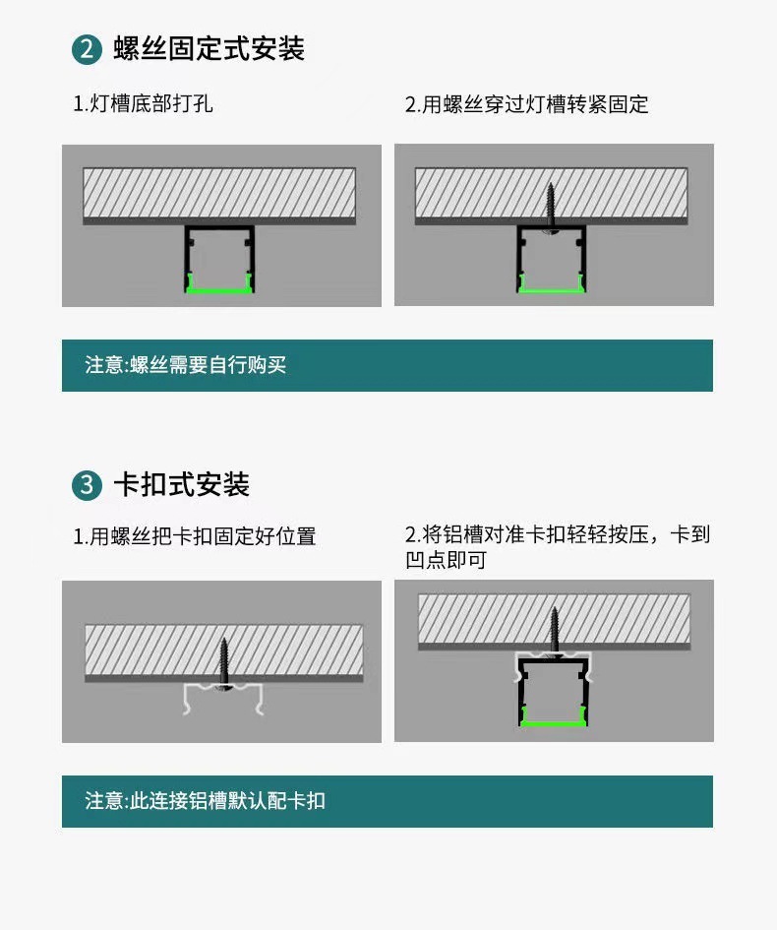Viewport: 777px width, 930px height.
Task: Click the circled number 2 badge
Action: pos(88,49)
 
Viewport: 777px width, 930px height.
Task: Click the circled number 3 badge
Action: pos(88,485)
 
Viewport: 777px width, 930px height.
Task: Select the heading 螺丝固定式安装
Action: pos(209,48)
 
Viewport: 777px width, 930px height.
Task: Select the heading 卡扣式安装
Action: pos(181,484)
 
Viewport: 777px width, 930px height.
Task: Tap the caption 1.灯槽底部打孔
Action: pos(144,104)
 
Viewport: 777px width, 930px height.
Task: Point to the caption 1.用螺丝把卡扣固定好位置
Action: pos(195,537)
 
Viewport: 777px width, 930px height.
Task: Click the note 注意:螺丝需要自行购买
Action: pos(186,365)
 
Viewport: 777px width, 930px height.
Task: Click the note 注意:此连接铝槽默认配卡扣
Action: pos(205,801)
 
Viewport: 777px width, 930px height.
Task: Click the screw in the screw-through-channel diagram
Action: pos(553,208)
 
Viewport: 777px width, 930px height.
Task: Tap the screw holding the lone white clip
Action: pos(224,665)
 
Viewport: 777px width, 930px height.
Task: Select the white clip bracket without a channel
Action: pos(224,697)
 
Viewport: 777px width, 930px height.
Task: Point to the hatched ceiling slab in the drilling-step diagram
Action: pos(218,193)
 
